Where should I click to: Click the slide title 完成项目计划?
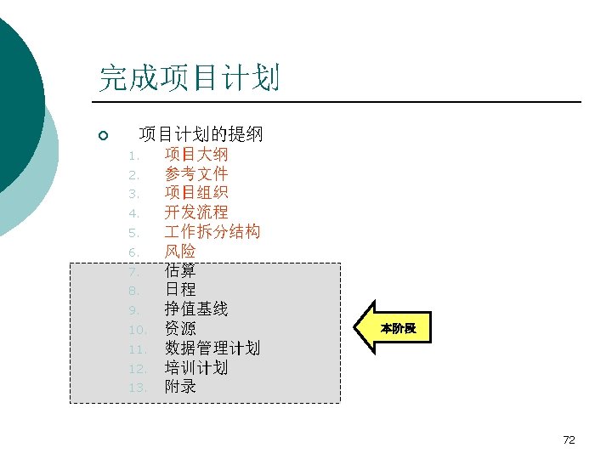[x=190, y=78]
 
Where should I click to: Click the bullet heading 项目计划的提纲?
[x=201, y=134]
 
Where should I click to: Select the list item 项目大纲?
[x=196, y=155]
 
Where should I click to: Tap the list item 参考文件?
[x=196, y=174]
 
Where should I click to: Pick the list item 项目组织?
[x=196, y=193]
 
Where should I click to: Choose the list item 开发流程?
[x=196, y=212]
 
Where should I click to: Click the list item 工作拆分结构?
[x=212, y=232]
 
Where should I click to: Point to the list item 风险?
[x=180, y=252]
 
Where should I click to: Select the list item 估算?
[x=180, y=270]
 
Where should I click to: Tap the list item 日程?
[x=180, y=290]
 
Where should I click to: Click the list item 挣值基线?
[x=196, y=309]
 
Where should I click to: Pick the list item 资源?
[x=180, y=329]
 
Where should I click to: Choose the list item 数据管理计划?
[x=212, y=348]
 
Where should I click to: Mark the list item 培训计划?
[x=196, y=368]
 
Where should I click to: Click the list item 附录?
[x=180, y=387]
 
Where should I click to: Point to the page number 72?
[x=569, y=439]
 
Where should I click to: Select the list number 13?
[x=139, y=388]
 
